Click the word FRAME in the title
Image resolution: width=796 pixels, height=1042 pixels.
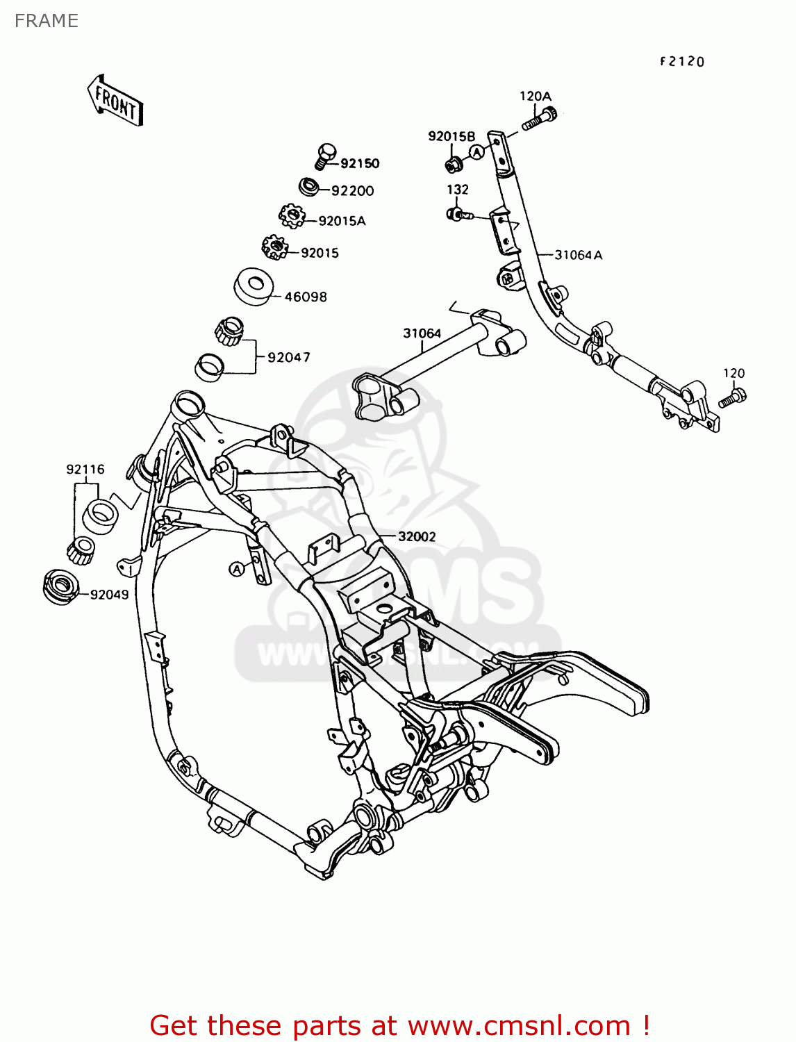pyautogui.click(x=46, y=21)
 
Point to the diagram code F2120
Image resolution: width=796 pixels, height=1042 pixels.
pyautogui.click(x=681, y=62)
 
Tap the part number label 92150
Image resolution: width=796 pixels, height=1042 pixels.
pyautogui.click(x=360, y=164)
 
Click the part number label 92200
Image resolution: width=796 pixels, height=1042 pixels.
pyautogui.click(x=352, y=191)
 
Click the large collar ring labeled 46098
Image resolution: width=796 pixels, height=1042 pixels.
pyautogui.click(x=254, y=286)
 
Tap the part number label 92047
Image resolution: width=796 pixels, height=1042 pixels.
pyautogui.click(x=289, y=358)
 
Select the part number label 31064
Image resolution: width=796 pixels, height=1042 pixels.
pyautogui.click(x=422, y=333)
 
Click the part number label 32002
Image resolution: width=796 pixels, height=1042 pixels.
pyautogui.click(x=417, y=537)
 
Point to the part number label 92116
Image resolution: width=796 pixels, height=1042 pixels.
pyautogui.click(x=85, y=470)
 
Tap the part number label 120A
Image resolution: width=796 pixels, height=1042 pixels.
pyautogui.click(x=535, y=97)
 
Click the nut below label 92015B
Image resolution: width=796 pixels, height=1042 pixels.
pyautogui.click(x=454, y=165)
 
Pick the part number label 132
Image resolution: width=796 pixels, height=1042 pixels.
pyautogui.click(x=457, y=190)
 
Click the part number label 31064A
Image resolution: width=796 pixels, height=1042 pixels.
pyautogui.click(x=578, y=255)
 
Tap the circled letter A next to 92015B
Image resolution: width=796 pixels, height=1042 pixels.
pyautogui.click(x=476, y=151)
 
